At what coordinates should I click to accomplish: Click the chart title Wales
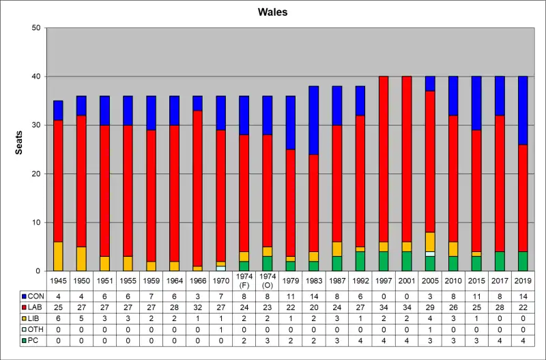(x=272, y=12)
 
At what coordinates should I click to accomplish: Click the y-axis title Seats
(x=19, y=149)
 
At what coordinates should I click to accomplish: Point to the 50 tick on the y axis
(x=36, y=28)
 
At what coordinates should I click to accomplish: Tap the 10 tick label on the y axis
(x=36, y=223)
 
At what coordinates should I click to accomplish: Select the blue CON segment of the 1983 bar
(x=314, y=120)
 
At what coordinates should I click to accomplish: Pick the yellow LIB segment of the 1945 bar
(x=58, y=256)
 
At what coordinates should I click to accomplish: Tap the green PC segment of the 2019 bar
(x=522, y=262)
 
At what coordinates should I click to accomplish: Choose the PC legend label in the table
(x=33, y=340)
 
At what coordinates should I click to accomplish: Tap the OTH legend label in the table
(x=35, y=329)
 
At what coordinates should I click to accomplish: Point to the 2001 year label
(x=406, y=280)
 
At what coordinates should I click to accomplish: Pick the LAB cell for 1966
(x=198, y=307)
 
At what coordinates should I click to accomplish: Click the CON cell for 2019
(x=522, y=296)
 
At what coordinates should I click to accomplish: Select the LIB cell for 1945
(x=58, y=318)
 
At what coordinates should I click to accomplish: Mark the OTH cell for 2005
(x=429, y=329)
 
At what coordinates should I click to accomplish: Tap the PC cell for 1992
(x=360, y=340)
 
